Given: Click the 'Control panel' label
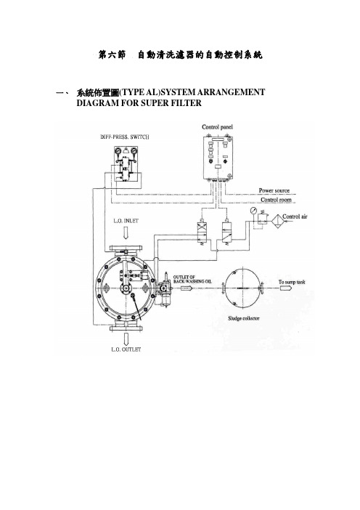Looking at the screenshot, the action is pos(217,127).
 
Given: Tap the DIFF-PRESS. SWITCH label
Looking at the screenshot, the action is pos(125,137).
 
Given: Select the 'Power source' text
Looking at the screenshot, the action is pos(274,190).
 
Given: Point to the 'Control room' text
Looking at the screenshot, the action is pos(276,200).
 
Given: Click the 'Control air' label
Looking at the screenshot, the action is pos(295,216).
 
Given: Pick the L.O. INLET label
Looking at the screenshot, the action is pos(126,221).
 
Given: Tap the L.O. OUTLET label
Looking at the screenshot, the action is pos(126,349).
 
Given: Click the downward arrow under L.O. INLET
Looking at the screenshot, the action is pos(126,232).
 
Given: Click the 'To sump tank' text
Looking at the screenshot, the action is pos(292,282).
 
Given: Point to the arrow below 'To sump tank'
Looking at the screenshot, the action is pos(285,288).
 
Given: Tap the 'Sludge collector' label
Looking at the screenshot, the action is pos(243,318).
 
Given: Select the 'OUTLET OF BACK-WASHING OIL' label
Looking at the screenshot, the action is pos(192,279).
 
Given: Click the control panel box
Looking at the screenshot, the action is pos(218,158).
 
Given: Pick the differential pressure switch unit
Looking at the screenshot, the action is pos(126,164).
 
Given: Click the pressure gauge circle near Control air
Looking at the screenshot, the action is pos(253,211).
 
